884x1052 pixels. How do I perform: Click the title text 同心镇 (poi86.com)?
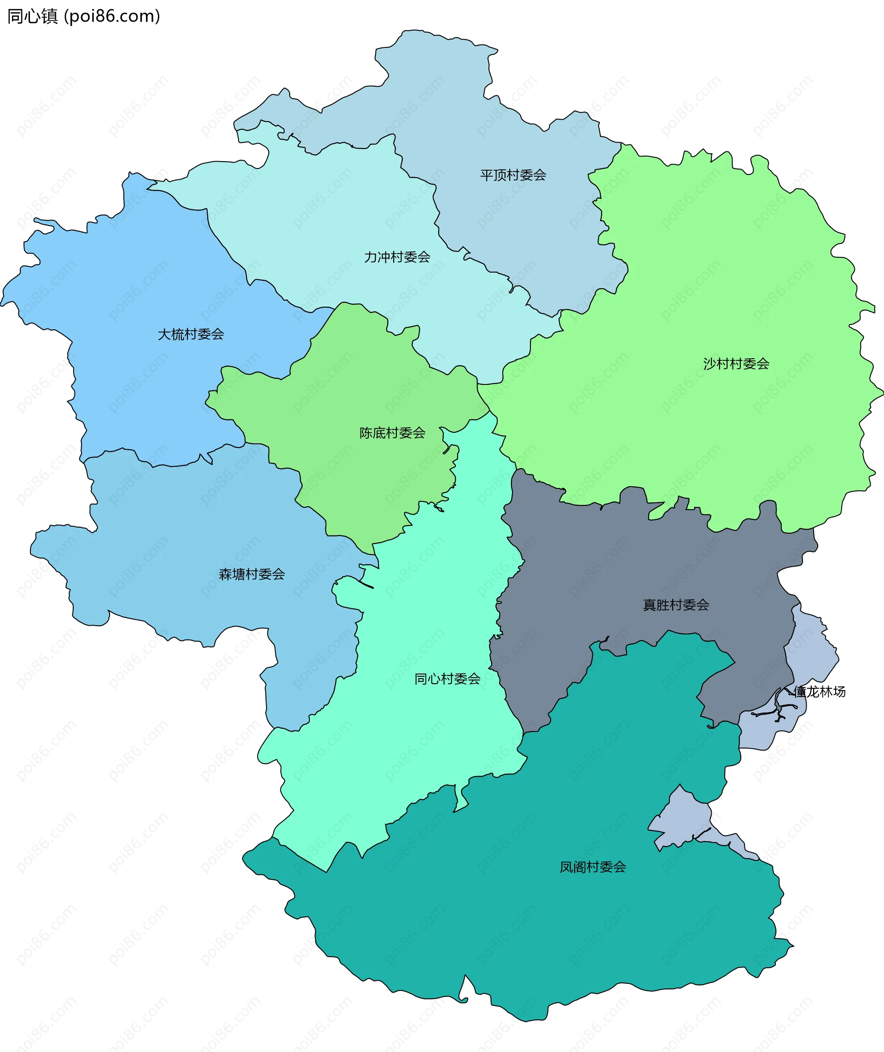pyautogui.click(x=84, y=17)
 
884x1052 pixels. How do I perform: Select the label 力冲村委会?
pyautogui.click(x=397, y=257)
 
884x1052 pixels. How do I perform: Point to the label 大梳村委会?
pyautogui.click(x=191, y=334)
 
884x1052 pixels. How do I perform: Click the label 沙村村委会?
pyautogui.click(x=736, y=364)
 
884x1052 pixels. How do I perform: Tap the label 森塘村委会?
pyautogui.click(x=251, y=575)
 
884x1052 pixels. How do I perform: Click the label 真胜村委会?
pyautogui.click(x=675, y=605)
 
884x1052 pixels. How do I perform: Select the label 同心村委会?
pyautogui.click(x=447, y=679)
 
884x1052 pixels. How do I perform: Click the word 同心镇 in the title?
pyautogui.click(x=33, y=17)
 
